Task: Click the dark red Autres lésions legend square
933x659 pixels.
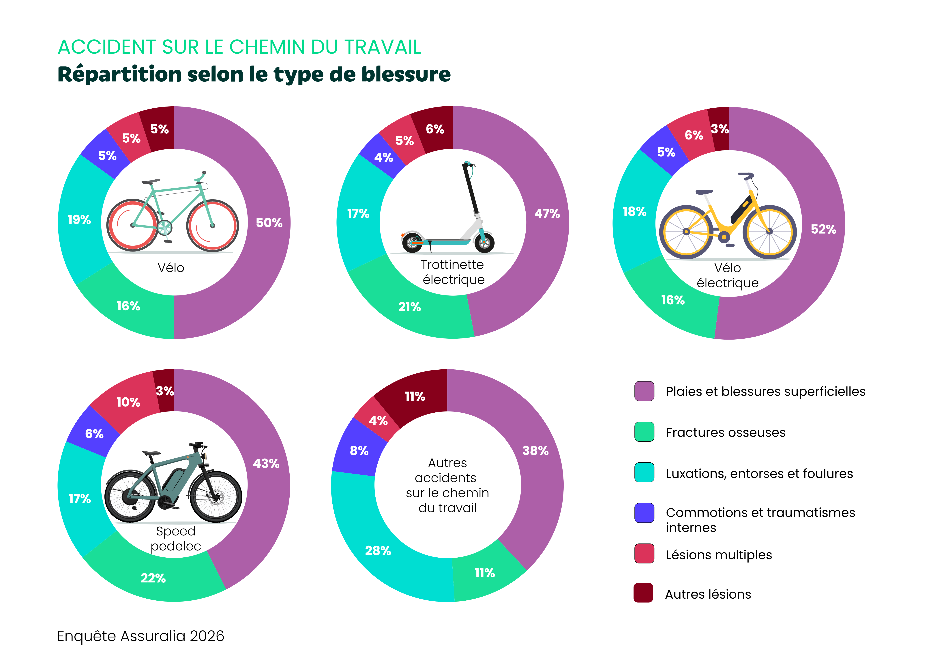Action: coord(643,593)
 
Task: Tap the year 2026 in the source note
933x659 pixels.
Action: coord(207,636)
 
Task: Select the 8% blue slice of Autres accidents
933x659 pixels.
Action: coord(359,450)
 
